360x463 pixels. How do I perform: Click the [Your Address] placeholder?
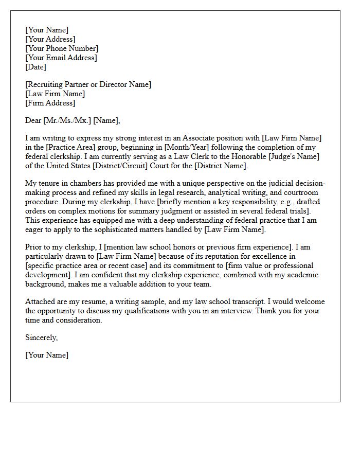[50, 39]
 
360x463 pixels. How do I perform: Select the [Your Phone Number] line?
[62, 48]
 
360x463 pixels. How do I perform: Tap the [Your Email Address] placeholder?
[61, 58]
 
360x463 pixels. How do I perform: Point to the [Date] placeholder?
[35, 67]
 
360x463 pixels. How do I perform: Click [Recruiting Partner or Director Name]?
[88, 84]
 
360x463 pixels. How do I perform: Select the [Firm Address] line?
[50, 103]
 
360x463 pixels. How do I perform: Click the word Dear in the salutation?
[33, 121]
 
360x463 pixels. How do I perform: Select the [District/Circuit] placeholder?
[124, 166]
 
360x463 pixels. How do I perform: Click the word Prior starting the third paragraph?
[34, 247]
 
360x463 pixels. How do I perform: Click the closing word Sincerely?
[41, 338]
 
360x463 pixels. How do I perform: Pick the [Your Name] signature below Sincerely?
[47, 355]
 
